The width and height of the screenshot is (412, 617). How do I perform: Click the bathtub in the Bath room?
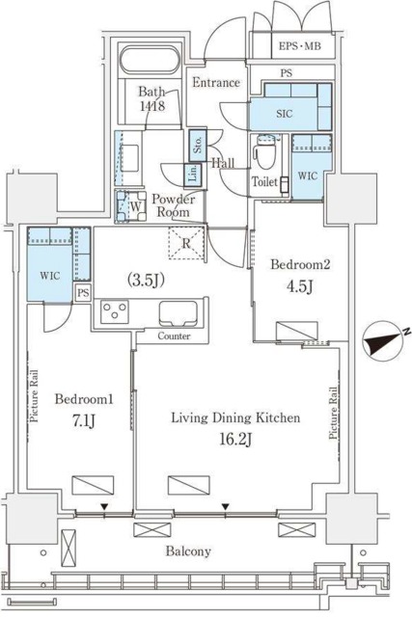click(150, 60)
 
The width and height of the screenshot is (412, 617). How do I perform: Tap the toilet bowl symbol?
click(261, 152)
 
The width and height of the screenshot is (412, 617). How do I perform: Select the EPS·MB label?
click(300, 46)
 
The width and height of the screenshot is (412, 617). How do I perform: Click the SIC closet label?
click(285, 114)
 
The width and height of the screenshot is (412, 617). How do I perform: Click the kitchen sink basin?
click(178, 313)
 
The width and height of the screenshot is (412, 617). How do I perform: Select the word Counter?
click(174, 336)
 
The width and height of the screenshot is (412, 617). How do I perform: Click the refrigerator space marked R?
click(186, 243)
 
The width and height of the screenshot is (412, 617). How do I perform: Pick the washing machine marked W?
click(129, 206)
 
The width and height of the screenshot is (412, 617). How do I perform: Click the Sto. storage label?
click(198, 145)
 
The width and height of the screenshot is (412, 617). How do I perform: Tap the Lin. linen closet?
click(193, 174)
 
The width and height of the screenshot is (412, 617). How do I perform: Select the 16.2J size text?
click(235, 439)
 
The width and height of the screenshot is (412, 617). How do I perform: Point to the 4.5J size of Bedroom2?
click(299, 286)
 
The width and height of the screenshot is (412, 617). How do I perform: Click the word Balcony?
click(188, 550)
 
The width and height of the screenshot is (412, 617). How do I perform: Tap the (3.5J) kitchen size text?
click(146, 280)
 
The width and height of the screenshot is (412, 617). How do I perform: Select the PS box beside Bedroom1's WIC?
click(83, 293)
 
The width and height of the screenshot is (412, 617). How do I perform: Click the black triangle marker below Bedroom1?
click(104, 506)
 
